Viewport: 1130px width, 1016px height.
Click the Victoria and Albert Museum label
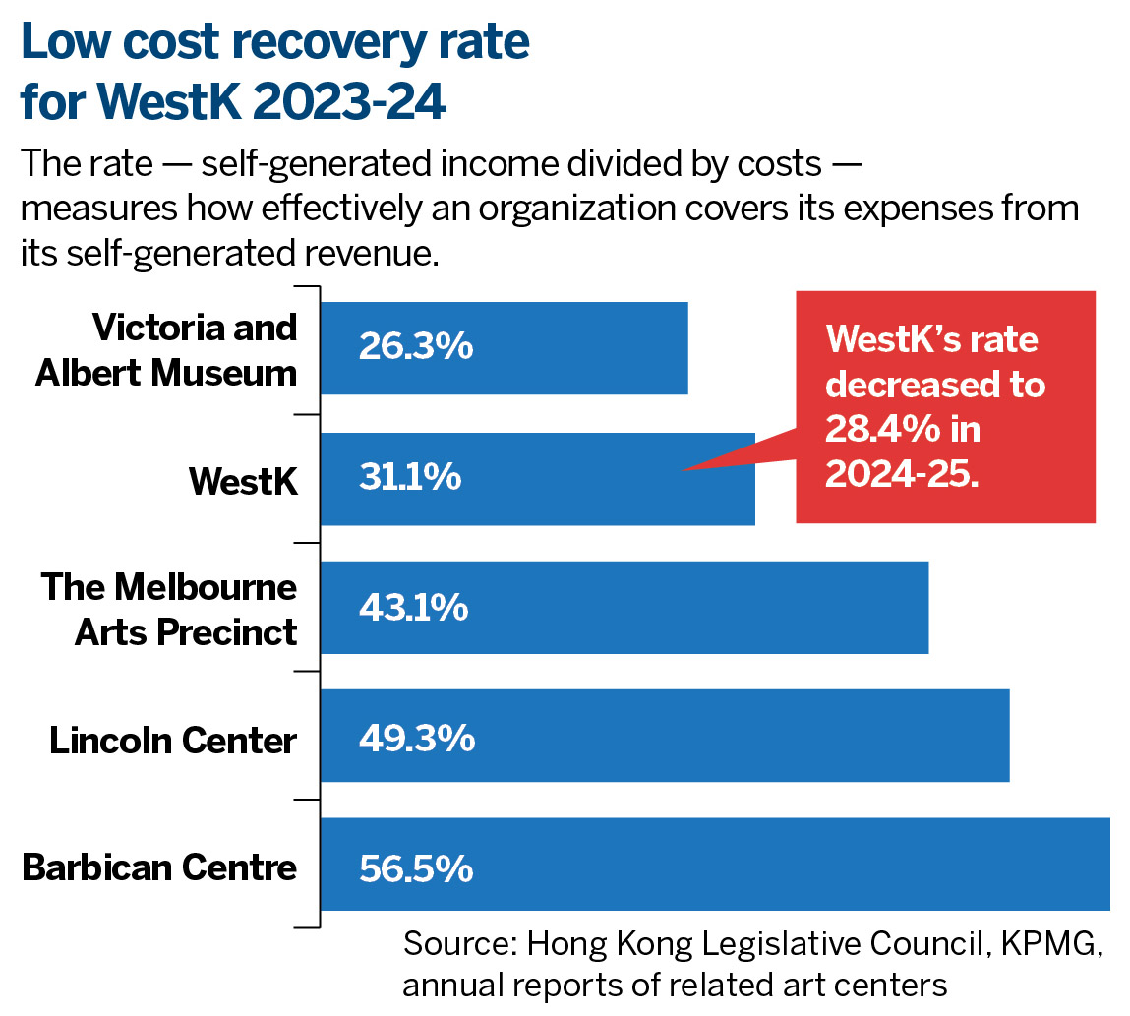(166, 349)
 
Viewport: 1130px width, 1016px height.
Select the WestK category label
(243, 479)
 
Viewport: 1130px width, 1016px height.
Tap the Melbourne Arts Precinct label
(169, 609)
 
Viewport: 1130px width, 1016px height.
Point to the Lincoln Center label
(173, 739)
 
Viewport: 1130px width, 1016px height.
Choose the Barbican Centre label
(159, 868)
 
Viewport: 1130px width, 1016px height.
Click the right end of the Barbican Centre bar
(1106, 865)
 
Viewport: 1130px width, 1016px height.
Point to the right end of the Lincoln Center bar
(1006, 736)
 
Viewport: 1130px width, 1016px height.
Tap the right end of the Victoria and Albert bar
(684, 348)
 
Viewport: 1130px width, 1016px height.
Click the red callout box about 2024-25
(944, 406)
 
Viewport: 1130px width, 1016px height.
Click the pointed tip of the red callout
(683, 470)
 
